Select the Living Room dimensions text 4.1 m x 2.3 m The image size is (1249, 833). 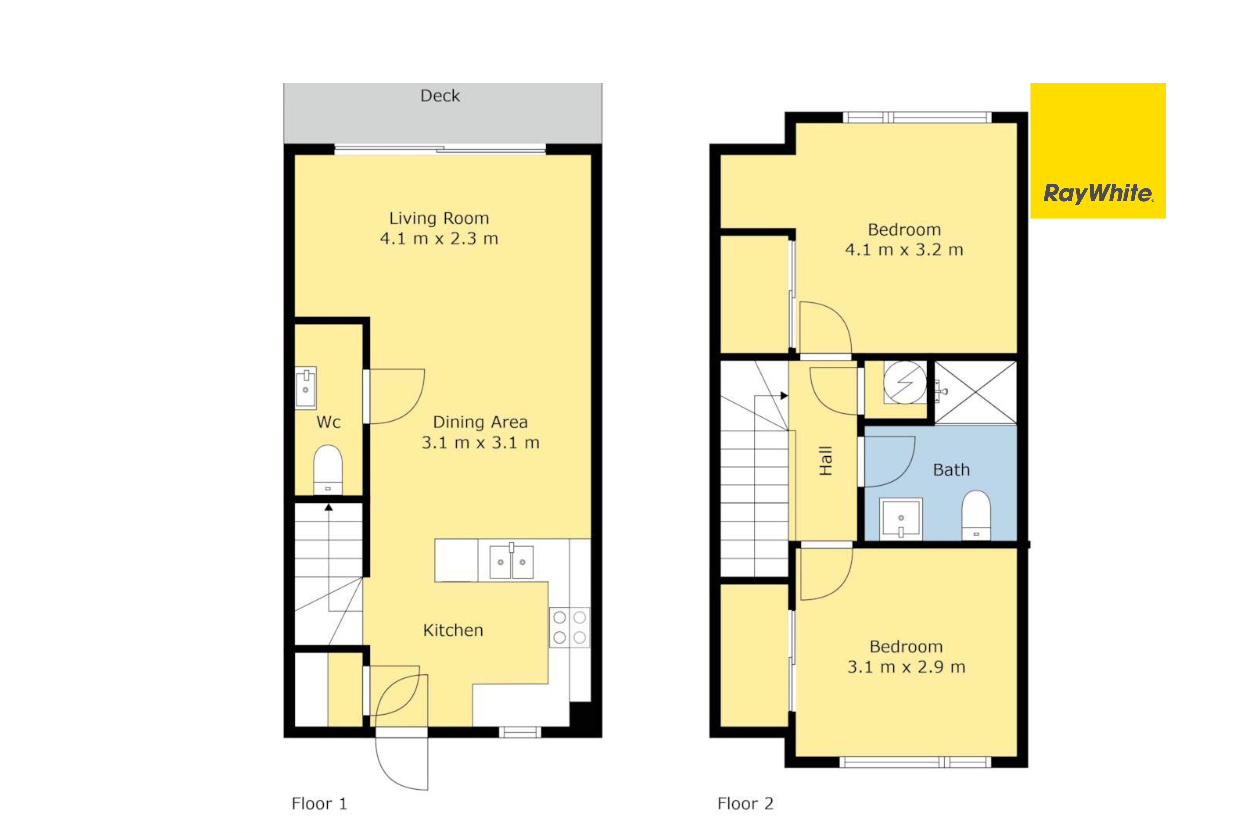click(x=439, y=239)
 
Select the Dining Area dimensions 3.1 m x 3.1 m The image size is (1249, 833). click(x=480, y=442)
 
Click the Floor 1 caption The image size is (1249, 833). click(x=319, y=803)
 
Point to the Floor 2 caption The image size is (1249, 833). click(x=745, y=803)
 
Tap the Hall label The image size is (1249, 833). click(x=825, y=461)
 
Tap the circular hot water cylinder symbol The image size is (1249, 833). click(x=905, y=382)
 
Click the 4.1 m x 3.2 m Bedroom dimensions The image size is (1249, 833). click(x=904, y=250)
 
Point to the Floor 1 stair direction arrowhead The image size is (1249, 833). click(x=329, y=507)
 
